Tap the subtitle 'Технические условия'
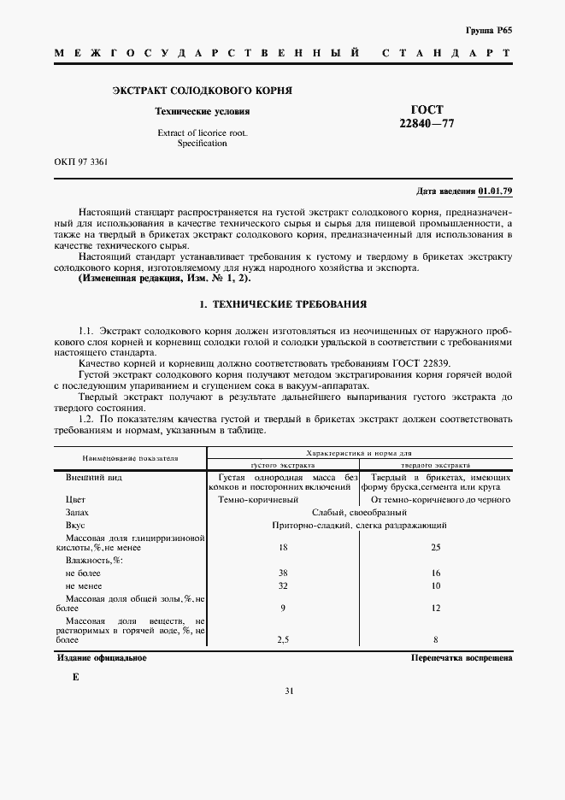(x=202, y=111)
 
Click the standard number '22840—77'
(x=427, y=124)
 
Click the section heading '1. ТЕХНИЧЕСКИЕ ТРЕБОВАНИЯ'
(x=282, y=303)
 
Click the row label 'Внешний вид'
(x=94, y=477)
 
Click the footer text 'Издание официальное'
(x=102, y=658)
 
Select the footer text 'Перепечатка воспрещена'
(x=461, y=659)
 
